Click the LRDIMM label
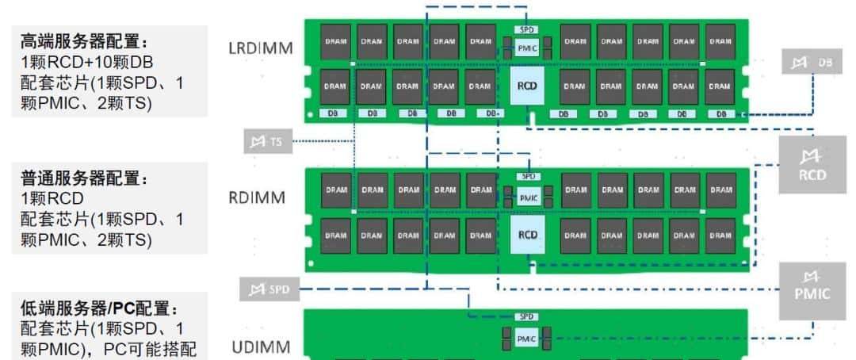click(x=261, y=48)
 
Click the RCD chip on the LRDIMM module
click(x=527, y=86)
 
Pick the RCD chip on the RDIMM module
click(x=527, y=235)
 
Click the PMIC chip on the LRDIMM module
click(x=528, y=48)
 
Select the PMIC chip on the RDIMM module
click(x=528, y=197)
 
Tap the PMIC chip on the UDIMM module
click(x=527, y=339)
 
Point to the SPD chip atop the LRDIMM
click(x=528, y=29)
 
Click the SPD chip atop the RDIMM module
click(x=528, y=176)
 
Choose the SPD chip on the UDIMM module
click(x=527, y=317)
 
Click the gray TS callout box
click(x=267, y=143)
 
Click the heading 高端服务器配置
click(x=83, y=41)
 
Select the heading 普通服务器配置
click(x=83, y=179)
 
